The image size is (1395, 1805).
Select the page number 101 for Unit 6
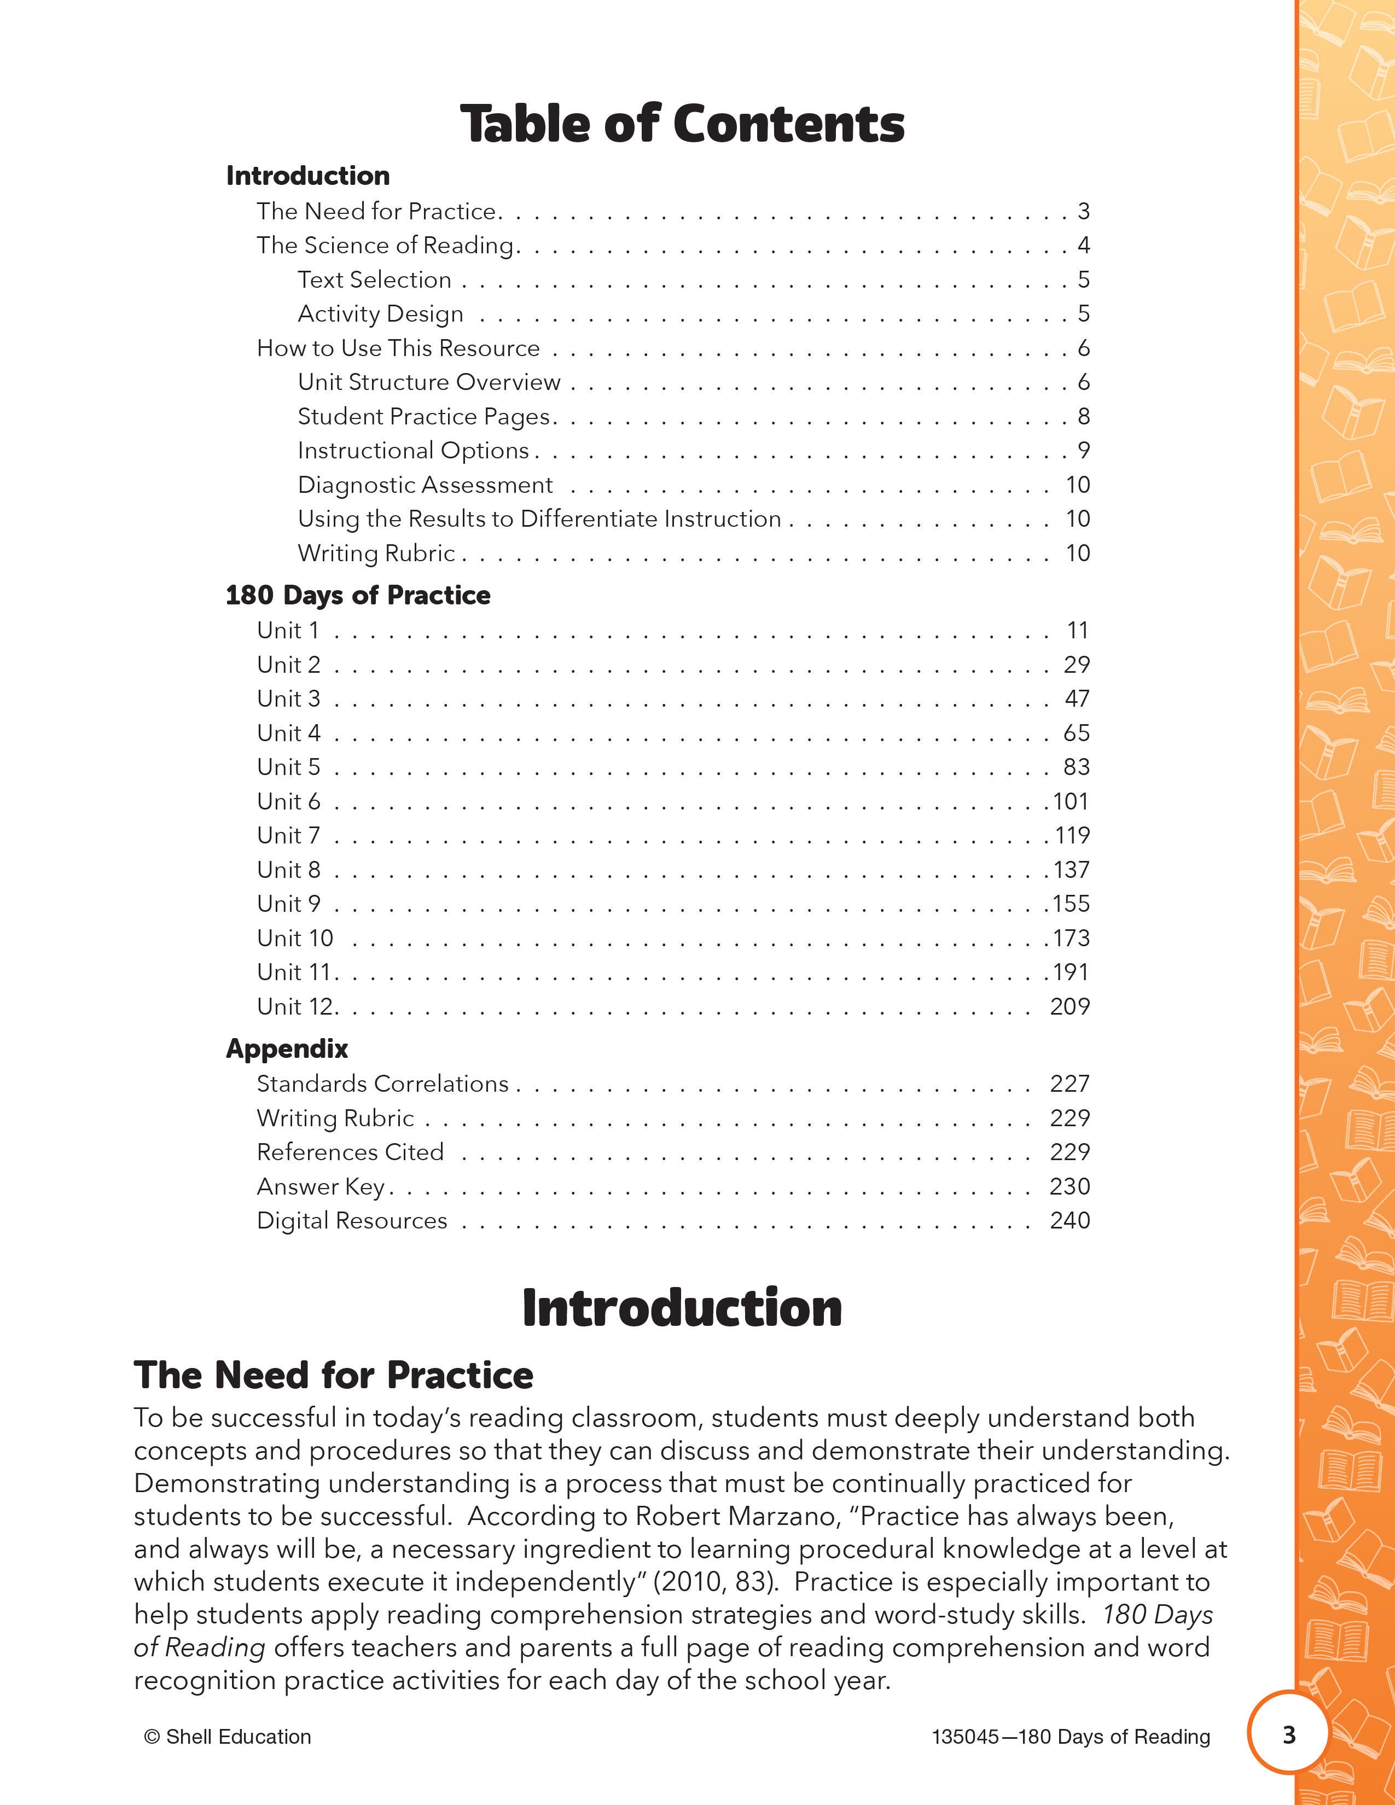[1071, 802]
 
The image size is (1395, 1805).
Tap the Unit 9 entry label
[288, 904]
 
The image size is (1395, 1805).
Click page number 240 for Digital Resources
[1069, 1221]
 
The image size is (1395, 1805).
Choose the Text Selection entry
[374, 280]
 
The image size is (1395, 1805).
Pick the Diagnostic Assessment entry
[425, 485]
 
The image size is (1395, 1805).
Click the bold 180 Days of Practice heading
[358, 595]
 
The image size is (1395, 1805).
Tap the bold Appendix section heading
[287, 1049]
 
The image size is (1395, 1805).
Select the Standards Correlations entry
[382, 1084]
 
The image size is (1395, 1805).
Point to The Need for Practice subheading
[333, 1375]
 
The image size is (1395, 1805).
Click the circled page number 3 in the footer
[1288, 1735]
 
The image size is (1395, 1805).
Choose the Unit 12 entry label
[295, 1006]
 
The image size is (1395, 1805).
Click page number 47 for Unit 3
[1077, 699]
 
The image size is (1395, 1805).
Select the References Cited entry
[351, 1152]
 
